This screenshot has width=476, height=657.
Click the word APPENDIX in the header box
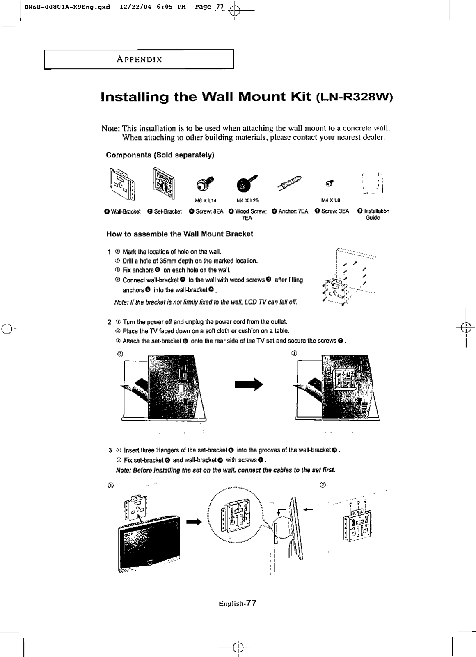tap(140, 59)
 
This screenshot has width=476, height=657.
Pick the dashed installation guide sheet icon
tap(373, 182)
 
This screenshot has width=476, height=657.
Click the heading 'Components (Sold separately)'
tap(160, 155)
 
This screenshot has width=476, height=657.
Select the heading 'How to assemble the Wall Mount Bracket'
tap(179, 234)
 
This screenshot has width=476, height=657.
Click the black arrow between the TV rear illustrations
tap(248, 384)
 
